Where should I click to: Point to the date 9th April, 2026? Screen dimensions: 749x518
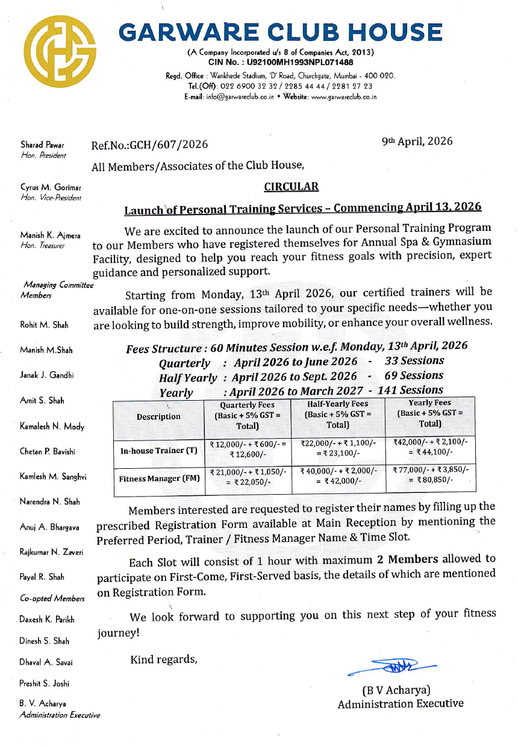coord(417,142)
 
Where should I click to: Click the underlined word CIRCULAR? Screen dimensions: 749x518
coord(292,187)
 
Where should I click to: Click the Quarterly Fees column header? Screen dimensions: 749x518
coord(248,416)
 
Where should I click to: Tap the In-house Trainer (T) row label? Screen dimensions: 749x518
coord(158,450)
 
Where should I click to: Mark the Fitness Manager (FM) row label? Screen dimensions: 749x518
coord(158,479)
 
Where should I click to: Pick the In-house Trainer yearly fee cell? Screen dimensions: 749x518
coord(430,447)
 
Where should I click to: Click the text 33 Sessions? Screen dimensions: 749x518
coord(414,361)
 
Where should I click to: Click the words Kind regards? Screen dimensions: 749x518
coord(164,659)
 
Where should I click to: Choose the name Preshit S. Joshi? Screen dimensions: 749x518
coord(45,683)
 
